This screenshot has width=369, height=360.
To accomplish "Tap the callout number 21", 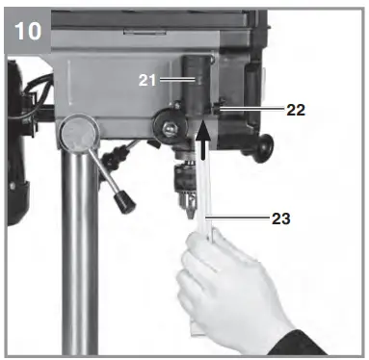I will [147, 82].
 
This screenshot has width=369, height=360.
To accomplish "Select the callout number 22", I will [296, 110].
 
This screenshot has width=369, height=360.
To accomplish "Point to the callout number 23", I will [280, 219].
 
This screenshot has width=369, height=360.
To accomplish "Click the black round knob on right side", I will [260, 146].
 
